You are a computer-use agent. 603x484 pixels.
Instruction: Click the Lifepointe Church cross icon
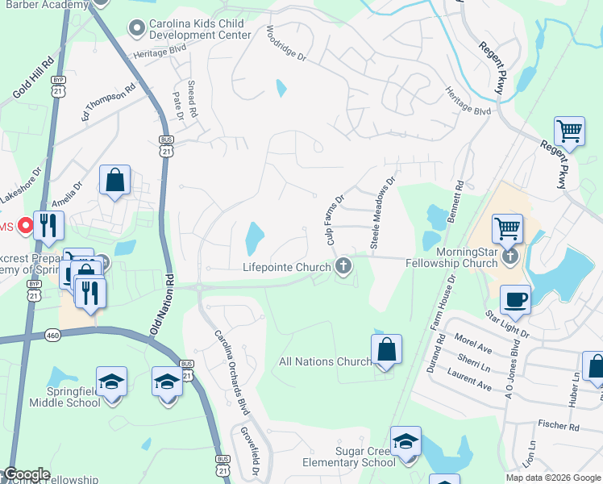tap(344, 266)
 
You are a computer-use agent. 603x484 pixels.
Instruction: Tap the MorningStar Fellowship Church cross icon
tap(509, 257)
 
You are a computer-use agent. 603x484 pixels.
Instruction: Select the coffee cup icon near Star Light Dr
tap(515, 300)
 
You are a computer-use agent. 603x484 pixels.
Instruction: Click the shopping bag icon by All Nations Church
tap(387, 350)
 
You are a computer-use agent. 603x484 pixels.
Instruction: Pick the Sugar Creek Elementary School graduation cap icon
tap(405, 441)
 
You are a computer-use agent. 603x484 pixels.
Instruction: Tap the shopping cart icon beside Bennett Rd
tap(507, 229)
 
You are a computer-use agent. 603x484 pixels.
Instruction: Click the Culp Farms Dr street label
tap(335, 219)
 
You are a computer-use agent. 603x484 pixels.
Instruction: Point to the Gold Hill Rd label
tap(32, 78)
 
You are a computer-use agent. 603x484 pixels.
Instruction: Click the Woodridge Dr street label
tap(286, 44)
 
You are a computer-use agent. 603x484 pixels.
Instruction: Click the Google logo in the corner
tap(26, 474)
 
